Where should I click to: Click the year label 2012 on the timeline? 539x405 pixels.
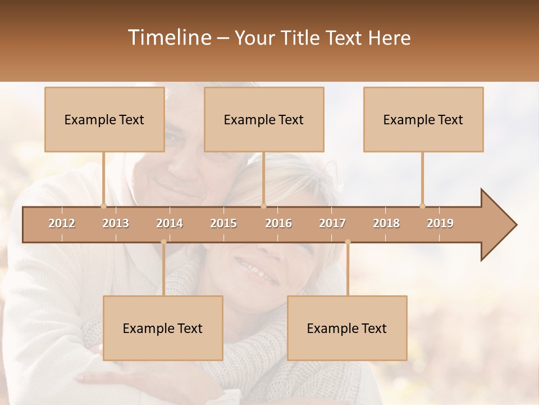pos(62,223)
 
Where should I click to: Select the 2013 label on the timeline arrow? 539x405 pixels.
pos(116,223)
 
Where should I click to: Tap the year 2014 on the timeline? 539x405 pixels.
pos(170,223)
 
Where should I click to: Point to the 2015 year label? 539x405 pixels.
pos(223,223)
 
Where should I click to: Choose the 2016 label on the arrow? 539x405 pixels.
pos(278,223)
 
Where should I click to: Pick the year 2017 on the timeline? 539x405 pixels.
pos(332,223)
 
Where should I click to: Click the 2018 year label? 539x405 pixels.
pos(386,223)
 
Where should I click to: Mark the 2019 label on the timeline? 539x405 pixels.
pos(440,223)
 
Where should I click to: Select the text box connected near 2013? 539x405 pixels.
pos(104,119)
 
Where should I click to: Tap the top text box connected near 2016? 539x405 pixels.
pos(264,119)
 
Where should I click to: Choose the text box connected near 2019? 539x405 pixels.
pos(423,119)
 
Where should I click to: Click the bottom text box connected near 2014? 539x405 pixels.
pos(163,328)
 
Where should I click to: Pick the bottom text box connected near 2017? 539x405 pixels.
pos(347,328)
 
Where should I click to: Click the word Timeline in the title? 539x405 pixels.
pos(169,38)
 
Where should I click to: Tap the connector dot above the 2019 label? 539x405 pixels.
pos(422,206)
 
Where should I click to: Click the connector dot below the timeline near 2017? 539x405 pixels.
pos(348,242)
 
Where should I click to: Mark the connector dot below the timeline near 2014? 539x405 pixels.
pos(163,242)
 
